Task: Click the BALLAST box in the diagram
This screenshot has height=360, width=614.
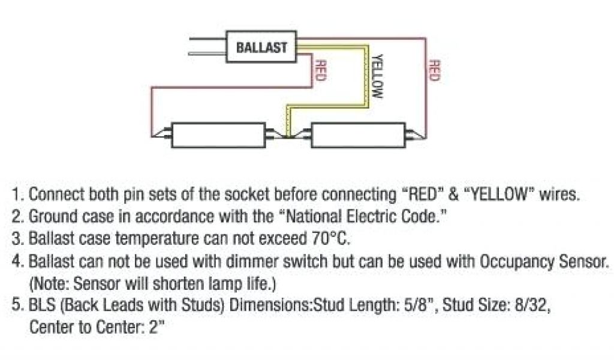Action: (261, 47)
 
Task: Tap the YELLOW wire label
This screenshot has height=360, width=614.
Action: (377, 77)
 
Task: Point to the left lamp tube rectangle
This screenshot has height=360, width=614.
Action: (218, 135)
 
